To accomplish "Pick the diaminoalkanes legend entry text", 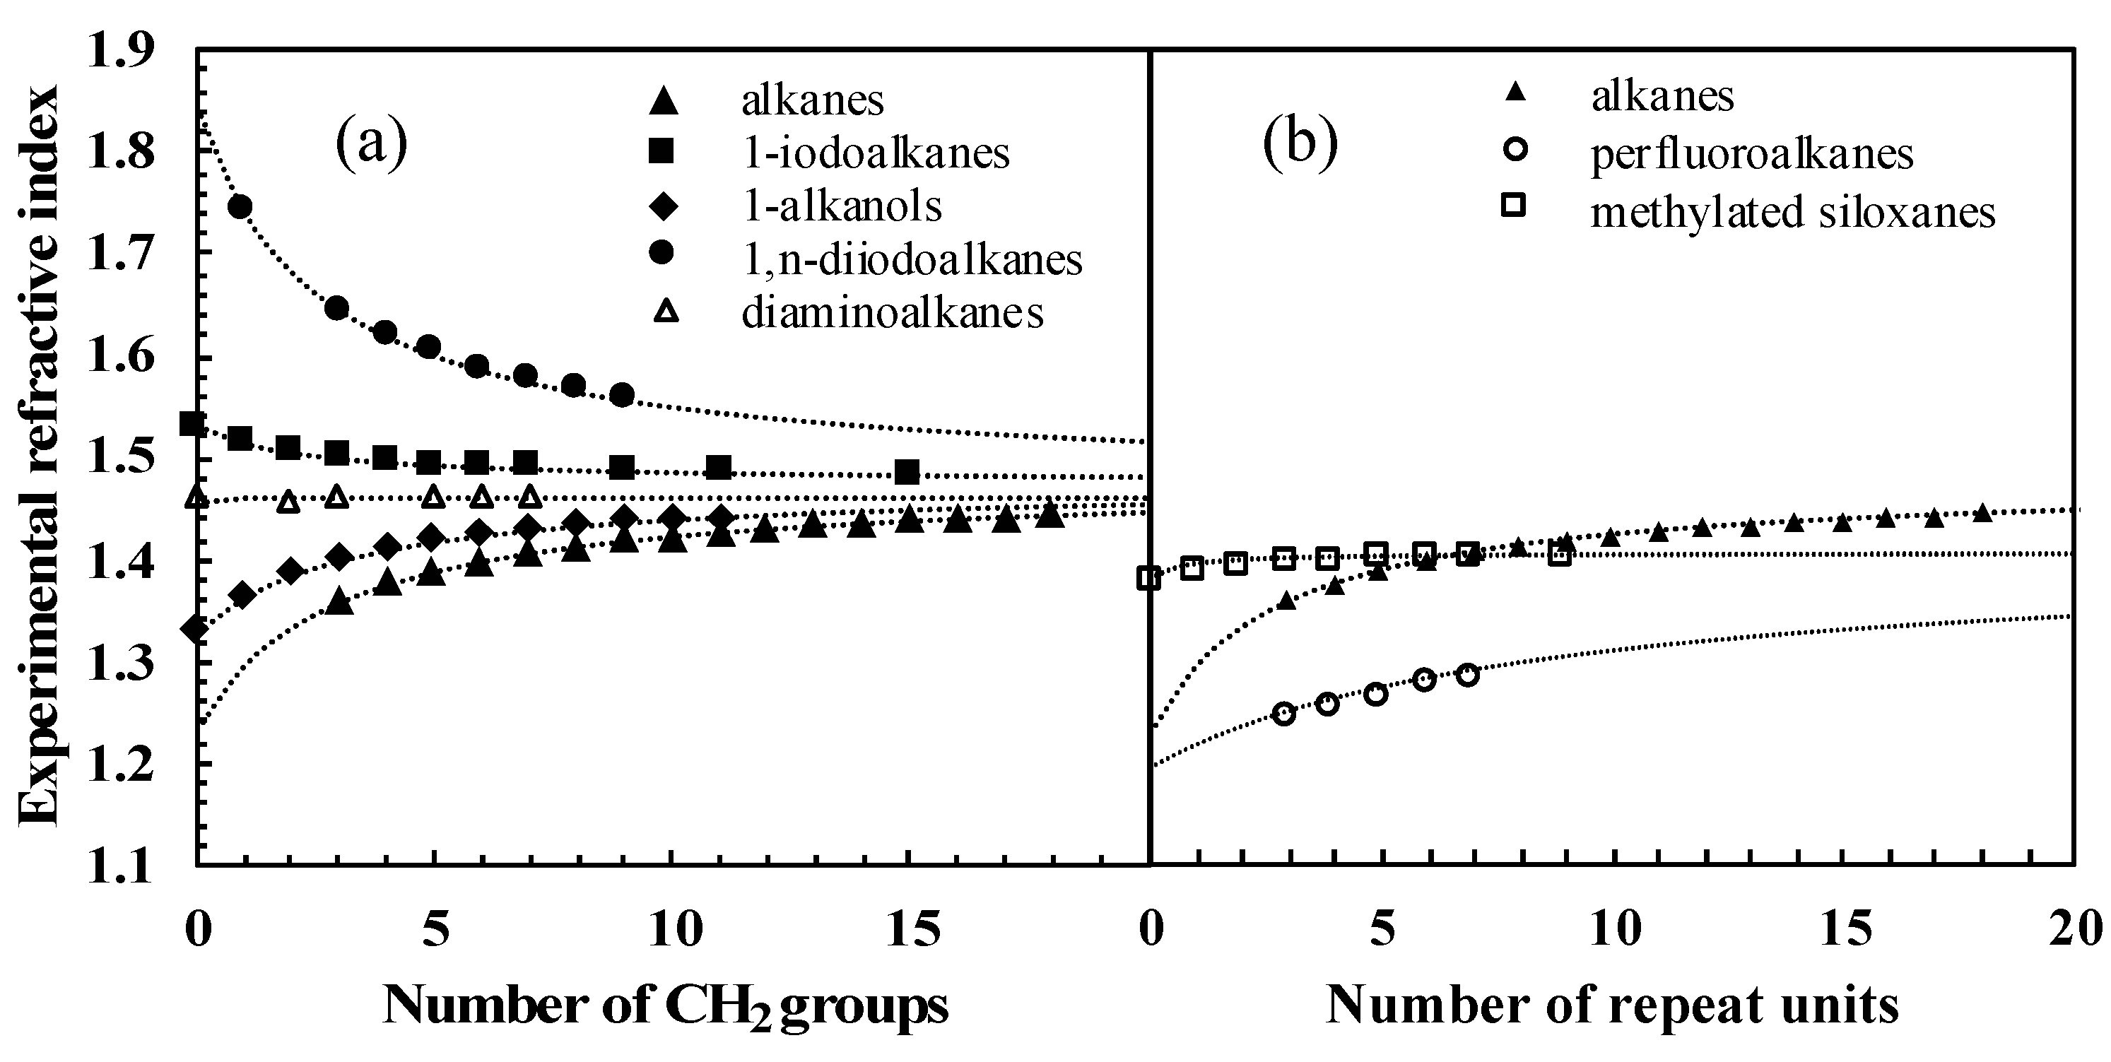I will [893, 313].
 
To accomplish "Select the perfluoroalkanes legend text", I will [1752, 153].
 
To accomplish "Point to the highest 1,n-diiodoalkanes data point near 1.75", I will [240, 206].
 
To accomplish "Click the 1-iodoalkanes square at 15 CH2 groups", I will [907, 472].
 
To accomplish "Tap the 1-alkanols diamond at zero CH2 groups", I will [195, 630].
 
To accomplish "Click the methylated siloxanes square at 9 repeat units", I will [1560, 555].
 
